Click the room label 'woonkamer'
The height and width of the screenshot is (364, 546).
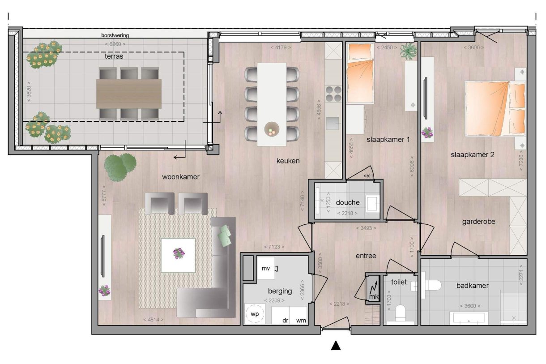click(x=180, y=177)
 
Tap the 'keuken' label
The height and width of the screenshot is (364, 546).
click(x=288, y=161)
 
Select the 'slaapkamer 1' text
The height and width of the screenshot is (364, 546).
click(x=388, y=140)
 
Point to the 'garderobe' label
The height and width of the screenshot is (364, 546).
click(x=479, y=221)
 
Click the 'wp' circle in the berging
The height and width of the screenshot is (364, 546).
click(x=254, y=314)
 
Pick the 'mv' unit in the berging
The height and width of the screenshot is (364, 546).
click(x=266, y=268)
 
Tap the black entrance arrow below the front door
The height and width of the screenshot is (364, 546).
click(x=336, y=345)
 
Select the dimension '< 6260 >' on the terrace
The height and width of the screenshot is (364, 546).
click(x=115, y=44)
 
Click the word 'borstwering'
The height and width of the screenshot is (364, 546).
click(x=115, y=35)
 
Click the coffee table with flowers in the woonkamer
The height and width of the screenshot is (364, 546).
click(x=178, y=255)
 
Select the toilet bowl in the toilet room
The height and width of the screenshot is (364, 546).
click(x=400, y=313)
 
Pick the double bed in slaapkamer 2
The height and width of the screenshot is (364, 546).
click(x=495, y=108)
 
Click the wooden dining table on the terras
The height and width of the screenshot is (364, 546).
click(x=129, y=94)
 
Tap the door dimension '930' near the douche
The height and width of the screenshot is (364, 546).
click(x=368, y=176)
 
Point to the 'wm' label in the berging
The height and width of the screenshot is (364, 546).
click(x=301, y=320)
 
